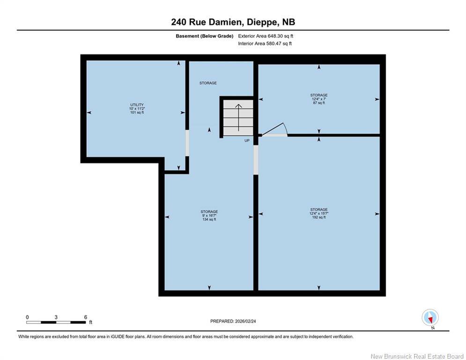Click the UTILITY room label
(x=137, y=105)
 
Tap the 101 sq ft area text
(x=137, y=112)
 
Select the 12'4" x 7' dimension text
(x=319, y=99)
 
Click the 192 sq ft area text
(x=319, y=217)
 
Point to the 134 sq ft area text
(x=209, y=219)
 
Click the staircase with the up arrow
(x=238, y=118)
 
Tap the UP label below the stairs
(x=247, y=141)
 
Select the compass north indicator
(x=430, y=318)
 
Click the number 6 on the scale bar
(x=86, y=317)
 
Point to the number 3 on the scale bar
(x=56, y=317)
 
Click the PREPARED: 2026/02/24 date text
(x=233, y=321)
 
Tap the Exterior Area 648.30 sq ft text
(x=266, y=36)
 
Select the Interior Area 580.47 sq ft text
(x=265, y=44)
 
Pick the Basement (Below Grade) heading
(x=205, y=36)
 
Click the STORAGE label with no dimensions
(x=208, y=83)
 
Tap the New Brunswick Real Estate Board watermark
(x=417, y=356)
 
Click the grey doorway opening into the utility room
(x=187, y=143)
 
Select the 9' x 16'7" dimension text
(x=209, y=216)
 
